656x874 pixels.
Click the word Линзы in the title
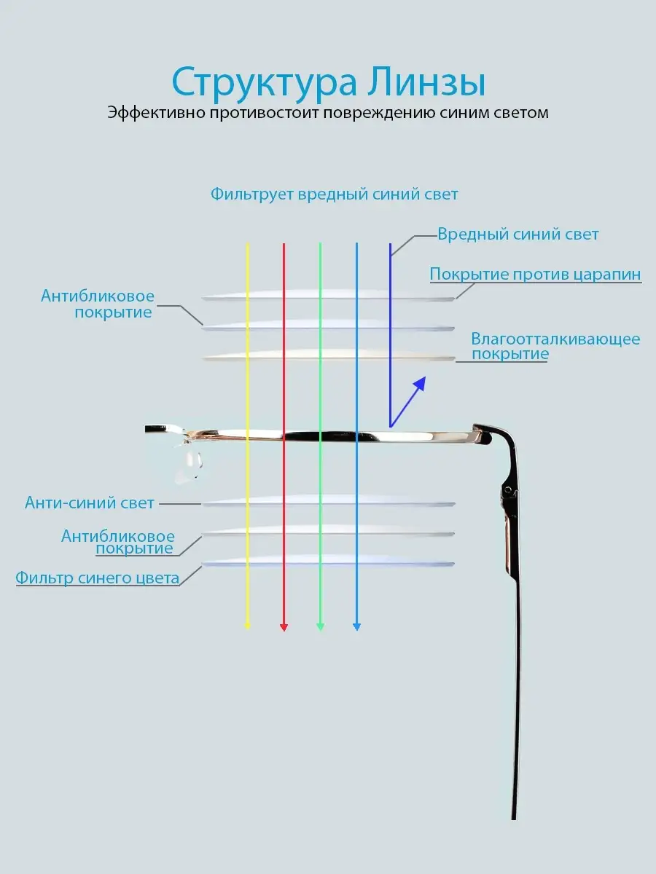pyautogui.click(x=426, y=81)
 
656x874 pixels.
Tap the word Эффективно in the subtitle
pyautogui.click(x=156, y=113)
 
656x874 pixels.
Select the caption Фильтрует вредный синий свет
pyautogui.click(x=334, y=194)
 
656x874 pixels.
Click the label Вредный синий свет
pyautogui.click(x=518, y=235)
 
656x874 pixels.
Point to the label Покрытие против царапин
pyautogui.click(x=535, y=275)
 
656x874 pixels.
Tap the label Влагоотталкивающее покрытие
pyautogui.click(x=555, y=346)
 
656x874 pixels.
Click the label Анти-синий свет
pyautogui.click(x=90, y=503)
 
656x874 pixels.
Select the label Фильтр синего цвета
pyautogui.click(x=97, y=578)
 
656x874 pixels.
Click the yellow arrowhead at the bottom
pyautogui.click(x=247, y=626)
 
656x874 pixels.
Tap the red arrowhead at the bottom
pyautogui.click(x=284, y=627)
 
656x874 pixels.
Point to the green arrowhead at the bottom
pyautogui.click(x=320, y=627)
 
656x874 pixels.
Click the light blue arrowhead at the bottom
pyautogui.click(x=357, y=627)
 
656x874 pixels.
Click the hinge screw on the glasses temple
pyautogui.click(x=508, y=489)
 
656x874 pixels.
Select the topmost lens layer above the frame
pyautogui.click(x=328, y=295)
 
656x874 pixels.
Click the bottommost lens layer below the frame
pyautogui.click(x=328, y=561)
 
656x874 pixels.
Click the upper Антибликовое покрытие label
pyautogui.click(x=97, y=304)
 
